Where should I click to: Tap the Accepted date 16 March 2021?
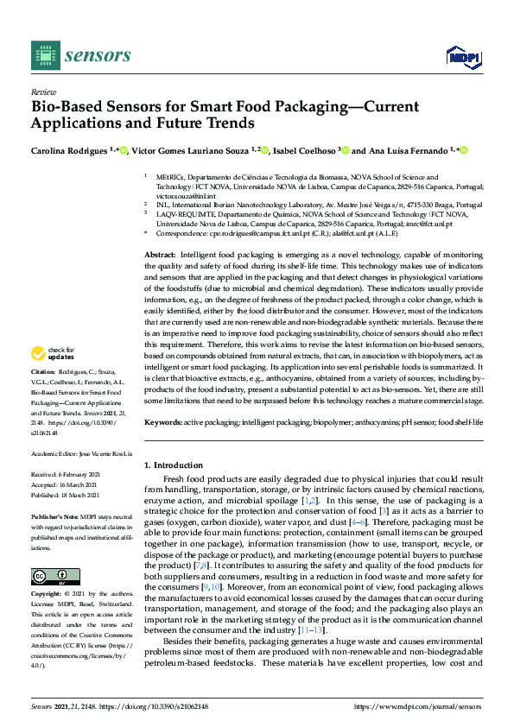pyautogui.click(x=70, y=484)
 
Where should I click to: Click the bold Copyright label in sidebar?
pyautogui.click(x=48, y=594)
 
